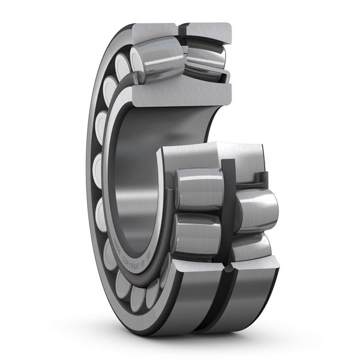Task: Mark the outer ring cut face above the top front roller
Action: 155,31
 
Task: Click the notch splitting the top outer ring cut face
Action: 181,29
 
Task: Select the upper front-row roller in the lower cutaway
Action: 199,188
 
